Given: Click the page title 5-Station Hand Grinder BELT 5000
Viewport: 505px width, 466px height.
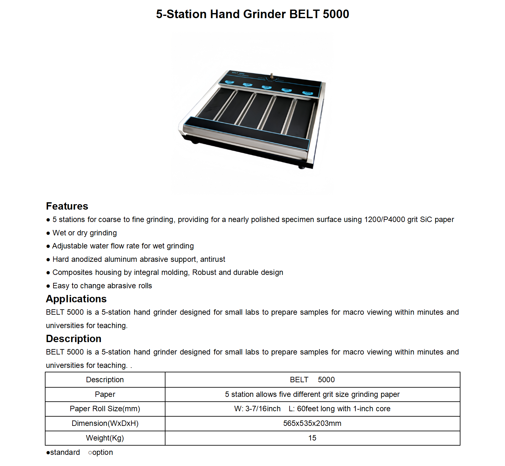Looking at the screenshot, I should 252,14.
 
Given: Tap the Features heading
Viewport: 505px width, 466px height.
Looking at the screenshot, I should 67,206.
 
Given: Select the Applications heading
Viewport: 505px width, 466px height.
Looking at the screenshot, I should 76,299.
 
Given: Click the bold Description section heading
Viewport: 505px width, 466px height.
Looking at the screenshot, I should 74,339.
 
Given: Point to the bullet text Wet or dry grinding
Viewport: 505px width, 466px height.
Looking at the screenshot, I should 84,233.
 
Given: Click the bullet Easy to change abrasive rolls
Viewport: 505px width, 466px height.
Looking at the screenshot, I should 102,286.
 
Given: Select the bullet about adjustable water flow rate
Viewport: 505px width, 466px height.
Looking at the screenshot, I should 123,246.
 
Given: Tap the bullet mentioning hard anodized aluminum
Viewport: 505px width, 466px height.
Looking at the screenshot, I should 138,259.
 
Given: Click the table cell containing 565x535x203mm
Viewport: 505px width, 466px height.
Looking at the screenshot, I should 312,423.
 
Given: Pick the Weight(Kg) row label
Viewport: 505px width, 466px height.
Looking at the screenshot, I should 105,438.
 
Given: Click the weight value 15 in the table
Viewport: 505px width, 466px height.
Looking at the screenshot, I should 312,438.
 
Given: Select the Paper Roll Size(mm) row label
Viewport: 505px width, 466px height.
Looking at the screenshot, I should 105,409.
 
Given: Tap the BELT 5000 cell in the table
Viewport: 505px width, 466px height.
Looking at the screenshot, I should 312,380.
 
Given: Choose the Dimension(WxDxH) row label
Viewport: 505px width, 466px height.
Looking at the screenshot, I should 105,423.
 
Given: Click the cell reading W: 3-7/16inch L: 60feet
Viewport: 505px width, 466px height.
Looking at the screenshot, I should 312,409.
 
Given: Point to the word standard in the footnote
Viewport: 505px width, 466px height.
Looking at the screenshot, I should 65,452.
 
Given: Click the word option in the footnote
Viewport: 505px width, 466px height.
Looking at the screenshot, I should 102,452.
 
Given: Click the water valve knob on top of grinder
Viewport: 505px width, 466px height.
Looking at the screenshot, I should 272,76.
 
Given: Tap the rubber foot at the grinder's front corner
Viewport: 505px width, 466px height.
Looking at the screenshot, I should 301,167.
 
